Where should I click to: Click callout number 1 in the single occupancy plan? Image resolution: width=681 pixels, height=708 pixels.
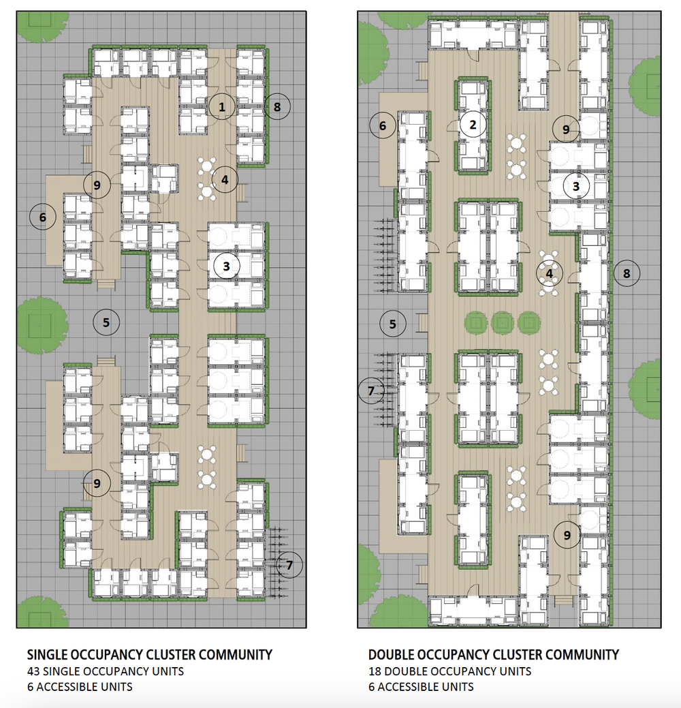coord(221,107)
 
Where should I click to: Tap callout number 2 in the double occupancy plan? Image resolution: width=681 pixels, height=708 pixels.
coord(473,125)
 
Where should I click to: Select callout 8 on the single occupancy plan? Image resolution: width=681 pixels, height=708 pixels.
coord(277,107)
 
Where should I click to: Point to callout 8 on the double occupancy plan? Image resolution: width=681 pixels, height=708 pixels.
coord(627,273)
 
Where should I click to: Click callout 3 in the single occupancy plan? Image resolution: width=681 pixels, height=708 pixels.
coord(227,266)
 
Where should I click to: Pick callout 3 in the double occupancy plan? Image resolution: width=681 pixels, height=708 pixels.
coord(576,187)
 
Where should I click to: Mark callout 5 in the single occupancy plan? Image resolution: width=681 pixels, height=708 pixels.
coord(106,322)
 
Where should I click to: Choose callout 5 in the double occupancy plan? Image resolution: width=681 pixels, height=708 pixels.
coord(393,324)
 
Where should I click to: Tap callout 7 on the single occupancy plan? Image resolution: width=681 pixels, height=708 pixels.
coord(289,565)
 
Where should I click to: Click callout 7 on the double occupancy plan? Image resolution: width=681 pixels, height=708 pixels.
coord(371,390)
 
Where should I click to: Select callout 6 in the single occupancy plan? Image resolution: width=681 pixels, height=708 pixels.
coord(42,217)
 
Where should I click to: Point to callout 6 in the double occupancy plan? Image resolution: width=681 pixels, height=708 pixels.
coord(383,125)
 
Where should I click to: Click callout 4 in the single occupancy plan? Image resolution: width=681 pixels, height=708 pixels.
coord(225,180)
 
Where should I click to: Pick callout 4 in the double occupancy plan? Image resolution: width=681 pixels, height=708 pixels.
coord(549,273)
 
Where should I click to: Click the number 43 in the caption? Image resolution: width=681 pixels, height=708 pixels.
coord(33,671)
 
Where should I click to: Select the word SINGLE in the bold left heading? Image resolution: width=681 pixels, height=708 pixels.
coord(48,655)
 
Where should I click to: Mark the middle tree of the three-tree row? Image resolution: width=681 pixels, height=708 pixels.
coord(503,323)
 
